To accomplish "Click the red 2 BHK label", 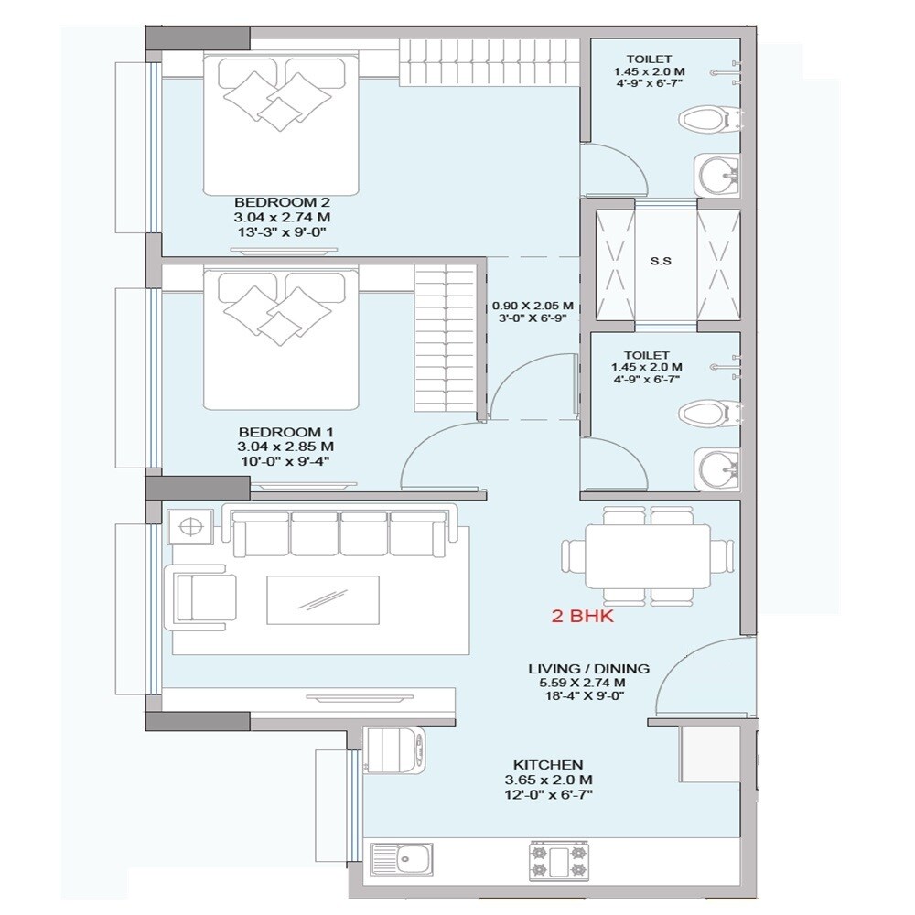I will point(582,617).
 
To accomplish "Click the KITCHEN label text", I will point(548,764).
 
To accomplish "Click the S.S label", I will point(660,261).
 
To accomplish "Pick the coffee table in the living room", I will point(323,601).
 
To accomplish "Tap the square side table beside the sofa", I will point(191,527).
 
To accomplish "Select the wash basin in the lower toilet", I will point(718,468).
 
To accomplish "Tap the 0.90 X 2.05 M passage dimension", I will point(533,306).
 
